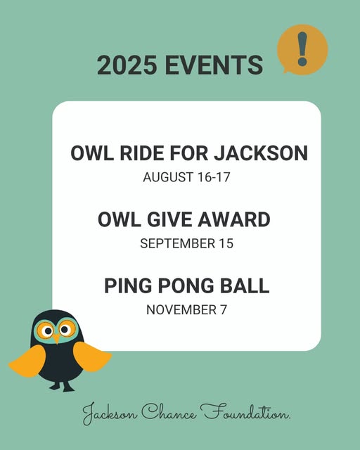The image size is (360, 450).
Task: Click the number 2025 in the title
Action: pos(127,65)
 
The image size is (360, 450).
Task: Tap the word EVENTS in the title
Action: pos(214,65)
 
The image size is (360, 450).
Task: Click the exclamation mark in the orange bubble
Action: pos(302,49)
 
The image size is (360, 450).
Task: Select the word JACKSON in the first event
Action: pos(261,153)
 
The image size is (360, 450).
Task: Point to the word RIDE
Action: pos(142,153)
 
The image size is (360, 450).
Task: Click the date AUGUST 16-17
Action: pos(186,176)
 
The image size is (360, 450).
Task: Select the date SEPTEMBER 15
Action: pos(186,243)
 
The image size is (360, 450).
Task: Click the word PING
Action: pos(128,285)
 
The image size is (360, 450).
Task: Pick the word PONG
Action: pos(186,285)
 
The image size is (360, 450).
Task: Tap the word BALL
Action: pos(245,285)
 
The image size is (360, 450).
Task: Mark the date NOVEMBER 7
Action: pos(186,309)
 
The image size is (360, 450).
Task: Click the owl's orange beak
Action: pos(57,339)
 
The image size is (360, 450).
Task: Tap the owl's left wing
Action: pos(28,361)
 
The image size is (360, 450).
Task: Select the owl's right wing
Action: pos(92,356)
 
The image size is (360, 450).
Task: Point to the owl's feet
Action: pos(62,387)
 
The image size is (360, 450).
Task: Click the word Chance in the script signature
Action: pos(169,413)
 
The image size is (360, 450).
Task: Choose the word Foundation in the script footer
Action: pos(245,412)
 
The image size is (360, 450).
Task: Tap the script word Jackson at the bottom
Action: pos(109,414)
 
